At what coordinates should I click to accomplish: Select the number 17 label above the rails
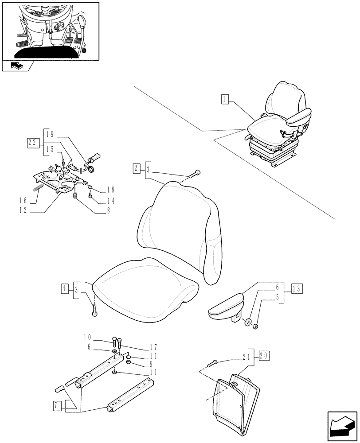pyautogui.click(x=141, y=347)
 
